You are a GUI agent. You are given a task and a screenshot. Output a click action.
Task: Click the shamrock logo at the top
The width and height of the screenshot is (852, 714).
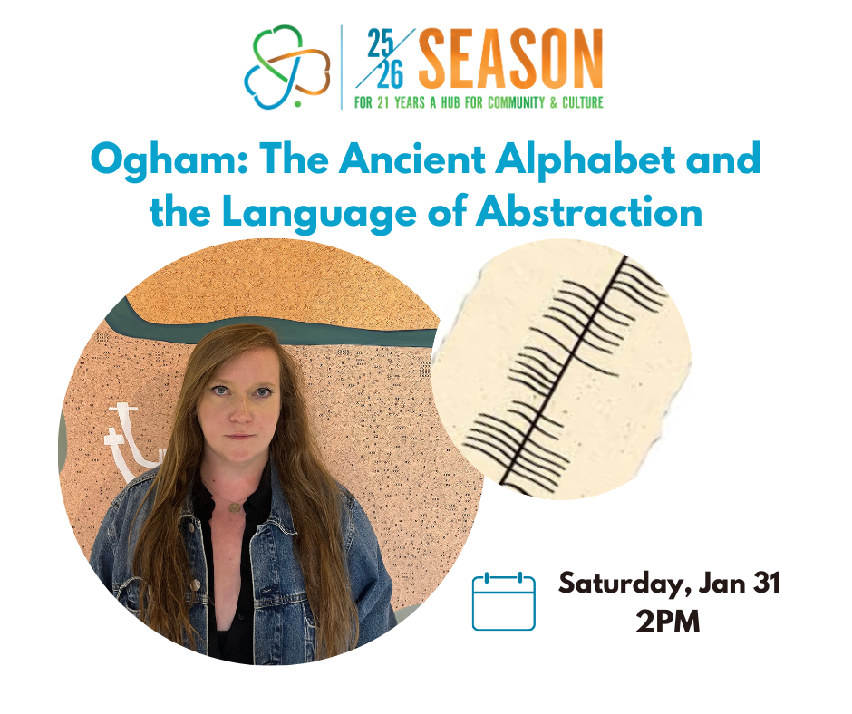pos(287,64)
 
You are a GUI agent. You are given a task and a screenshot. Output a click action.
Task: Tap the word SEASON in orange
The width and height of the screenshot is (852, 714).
pos(510,58)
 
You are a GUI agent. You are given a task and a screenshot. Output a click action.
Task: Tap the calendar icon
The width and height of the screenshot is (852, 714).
pos(504,601)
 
